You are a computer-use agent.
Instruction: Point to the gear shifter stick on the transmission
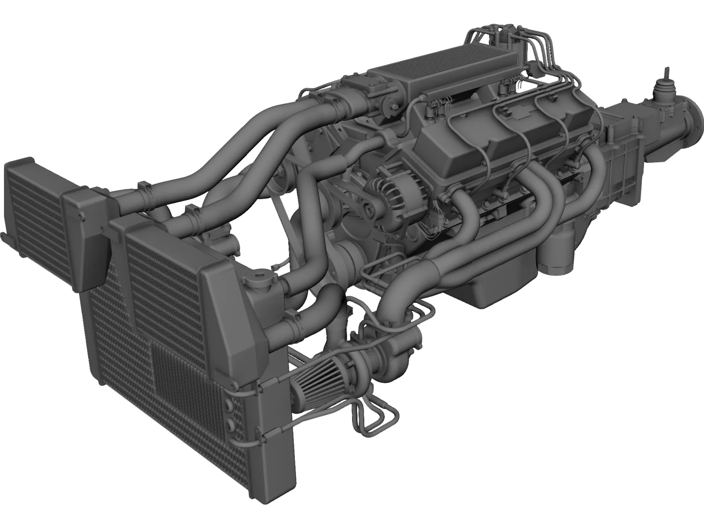click(x=667, y=79)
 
